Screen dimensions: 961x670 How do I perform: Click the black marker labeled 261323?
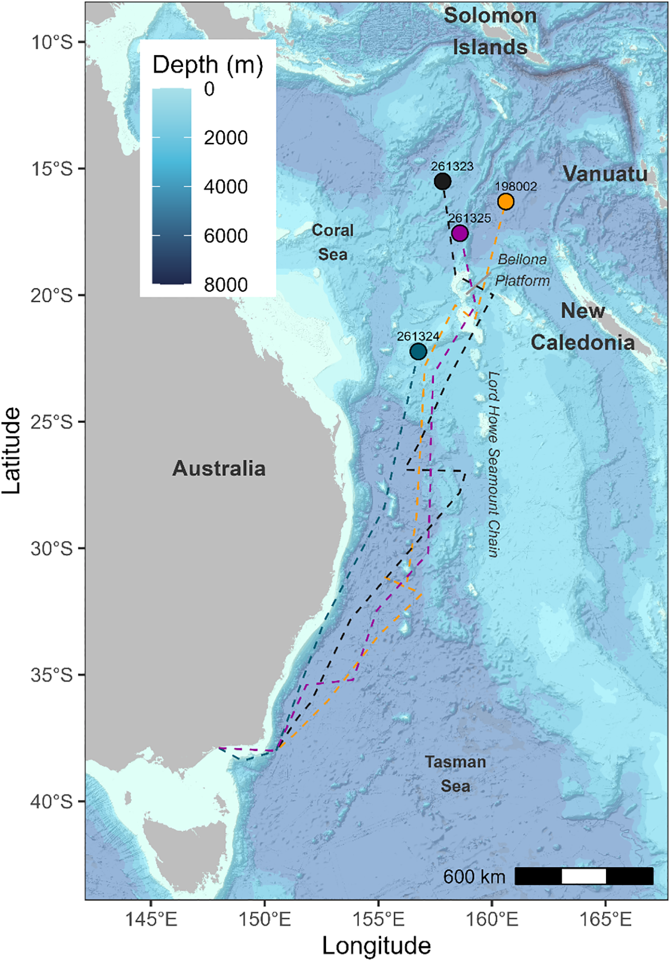click(443, 181)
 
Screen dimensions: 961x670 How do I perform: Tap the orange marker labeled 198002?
click(505, 202)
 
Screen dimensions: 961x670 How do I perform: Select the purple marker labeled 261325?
click(460, 234)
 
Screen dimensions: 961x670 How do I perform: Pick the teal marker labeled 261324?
click(418, 352)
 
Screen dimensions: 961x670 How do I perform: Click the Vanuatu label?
click(604, 174)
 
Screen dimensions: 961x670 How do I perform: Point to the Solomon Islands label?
click(490, 31)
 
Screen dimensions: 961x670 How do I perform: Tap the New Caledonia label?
click(583, 327)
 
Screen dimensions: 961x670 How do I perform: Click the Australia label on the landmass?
click(219, 468)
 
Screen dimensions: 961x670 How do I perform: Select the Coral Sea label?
click(333, 242)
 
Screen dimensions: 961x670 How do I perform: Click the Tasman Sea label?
click(455, 774)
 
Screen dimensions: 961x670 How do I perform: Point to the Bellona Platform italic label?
click(522, 270)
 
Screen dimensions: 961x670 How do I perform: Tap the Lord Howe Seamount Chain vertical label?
click(494, 464)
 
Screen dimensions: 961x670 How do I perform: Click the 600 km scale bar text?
click(474, 876)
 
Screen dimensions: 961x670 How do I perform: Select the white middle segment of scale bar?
click(583, 876)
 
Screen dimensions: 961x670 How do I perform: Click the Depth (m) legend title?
click(208, 65)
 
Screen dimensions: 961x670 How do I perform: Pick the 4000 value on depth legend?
click(225, 187)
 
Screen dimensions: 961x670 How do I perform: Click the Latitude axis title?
click(11, 451)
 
